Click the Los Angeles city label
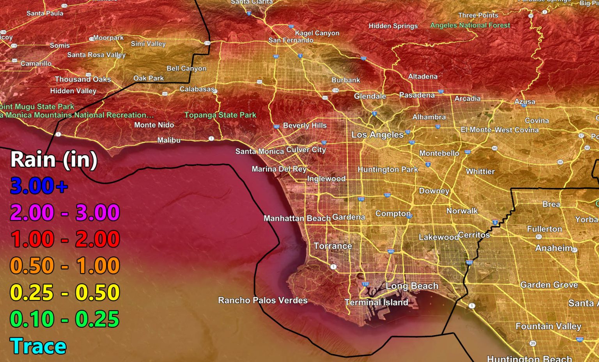pyautogui.click(x=377, y=135)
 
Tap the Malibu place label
pyautogui.click(x=168, y=140)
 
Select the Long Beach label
pyautogui.click(x=412, y=286)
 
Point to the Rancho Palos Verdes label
pyautogui.click(x=262, y=300)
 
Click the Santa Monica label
pyautogui.click(x=259, y=151)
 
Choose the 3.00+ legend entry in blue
pyautogui.click(x=39, y=186)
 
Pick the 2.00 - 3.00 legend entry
pyautogui.click(x=65, y=213)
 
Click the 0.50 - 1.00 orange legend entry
pyautogui.click(x=65, y=266)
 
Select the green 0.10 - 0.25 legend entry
pyautogui.click(x=65, y=319)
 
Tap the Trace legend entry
pyautogui.click(x=38, y=346)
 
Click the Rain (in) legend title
pyautogui.click(x=54, y=160)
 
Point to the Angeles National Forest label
pyautogui.click(x=470, y=25)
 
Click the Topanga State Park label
pyautogui.click(x=220, y=115)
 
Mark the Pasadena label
pyautogui.click(x=416, y=95)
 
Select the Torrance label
pyautogui.click(x=333, y=246)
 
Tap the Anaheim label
pyautogui.click(x=554, y=248)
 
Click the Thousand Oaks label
pyautogui.click(x=83, y=79)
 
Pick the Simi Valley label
pyautogui.click(x=148, y=44)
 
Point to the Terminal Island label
pyautogui.click(x=376, y=302)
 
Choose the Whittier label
pyautogui.click(x=480, y=172)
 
